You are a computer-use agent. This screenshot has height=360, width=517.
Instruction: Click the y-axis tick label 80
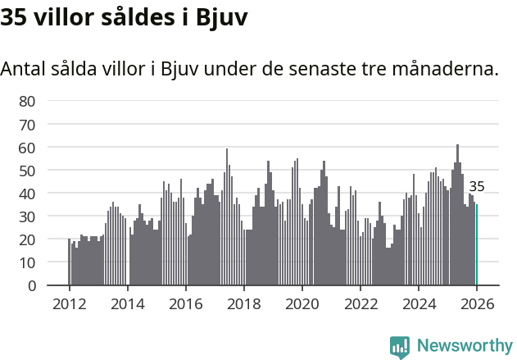click(27, 101)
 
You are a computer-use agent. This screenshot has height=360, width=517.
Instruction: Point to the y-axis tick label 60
click(27, 148)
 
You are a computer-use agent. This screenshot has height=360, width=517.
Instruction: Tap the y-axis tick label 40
click(27, 194)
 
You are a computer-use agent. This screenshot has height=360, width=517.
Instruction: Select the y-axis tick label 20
click(27, 239)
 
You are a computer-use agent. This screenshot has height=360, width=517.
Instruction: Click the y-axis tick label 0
click(31, 285)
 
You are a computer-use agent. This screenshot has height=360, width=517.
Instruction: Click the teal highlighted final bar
click(477, 246)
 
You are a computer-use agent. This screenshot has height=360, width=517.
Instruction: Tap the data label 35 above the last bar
click(477, 186)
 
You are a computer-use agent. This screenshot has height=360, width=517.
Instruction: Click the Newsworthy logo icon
click(400, 347)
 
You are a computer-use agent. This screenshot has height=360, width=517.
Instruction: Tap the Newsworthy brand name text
click(464, 346)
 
